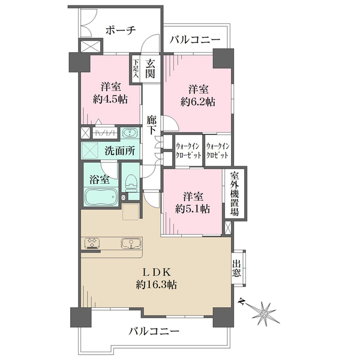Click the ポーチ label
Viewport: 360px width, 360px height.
(121, 30)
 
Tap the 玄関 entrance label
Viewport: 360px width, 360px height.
(150, 68)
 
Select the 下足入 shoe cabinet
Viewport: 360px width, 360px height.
(136, 68)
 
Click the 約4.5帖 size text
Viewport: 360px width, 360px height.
(110, 100)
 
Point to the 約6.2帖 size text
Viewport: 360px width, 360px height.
(198, 101)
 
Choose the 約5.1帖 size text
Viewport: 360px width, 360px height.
(193, 209)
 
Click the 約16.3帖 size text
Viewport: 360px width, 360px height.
(156, 284)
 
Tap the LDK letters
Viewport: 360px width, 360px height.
(156, 272)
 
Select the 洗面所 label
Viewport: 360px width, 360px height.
(119, 151)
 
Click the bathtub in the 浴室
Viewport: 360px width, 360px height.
(101, 197)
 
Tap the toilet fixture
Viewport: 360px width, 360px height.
(131, 181)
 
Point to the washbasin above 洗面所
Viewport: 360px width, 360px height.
(130, 133)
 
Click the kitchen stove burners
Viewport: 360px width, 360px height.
(92, 243)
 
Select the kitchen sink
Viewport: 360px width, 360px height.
(131, 243)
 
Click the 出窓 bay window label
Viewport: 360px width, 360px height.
(236, 268)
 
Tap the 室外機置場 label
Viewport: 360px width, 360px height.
(235, 194)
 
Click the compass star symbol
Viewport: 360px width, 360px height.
(264, 313)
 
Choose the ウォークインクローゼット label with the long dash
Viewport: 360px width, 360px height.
(188, 151)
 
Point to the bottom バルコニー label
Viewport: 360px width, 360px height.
(154, 331)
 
